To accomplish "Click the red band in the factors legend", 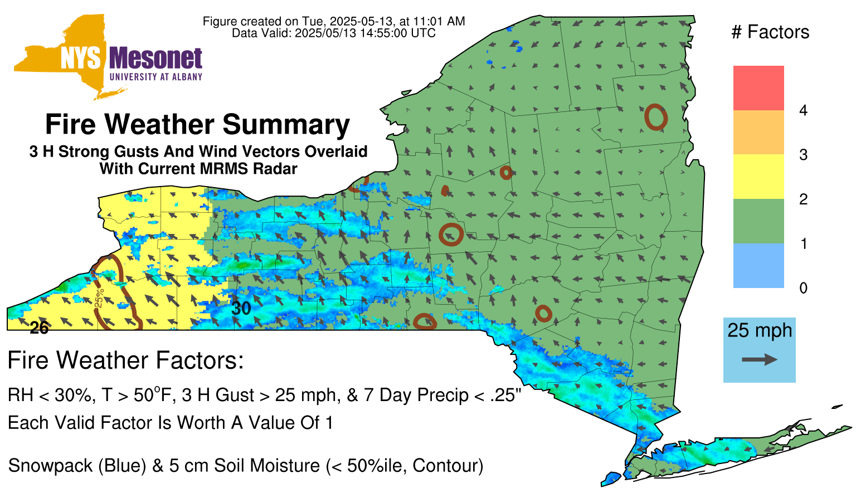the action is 758,88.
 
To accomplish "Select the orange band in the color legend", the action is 758,132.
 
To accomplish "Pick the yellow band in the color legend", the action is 758,177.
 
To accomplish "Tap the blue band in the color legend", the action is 758,265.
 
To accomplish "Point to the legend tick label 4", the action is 803,110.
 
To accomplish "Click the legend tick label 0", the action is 803,288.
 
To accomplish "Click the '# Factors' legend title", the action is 770,32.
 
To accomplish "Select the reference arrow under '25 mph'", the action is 760,359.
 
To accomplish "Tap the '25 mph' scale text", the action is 760,330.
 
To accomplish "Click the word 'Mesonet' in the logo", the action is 155,58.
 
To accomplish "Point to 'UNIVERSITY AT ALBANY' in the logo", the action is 156,77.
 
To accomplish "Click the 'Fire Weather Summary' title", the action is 198,124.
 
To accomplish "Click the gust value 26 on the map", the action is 39,328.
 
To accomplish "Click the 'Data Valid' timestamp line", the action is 334,33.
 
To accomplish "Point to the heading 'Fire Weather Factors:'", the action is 126,360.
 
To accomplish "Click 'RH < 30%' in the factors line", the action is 51,395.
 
